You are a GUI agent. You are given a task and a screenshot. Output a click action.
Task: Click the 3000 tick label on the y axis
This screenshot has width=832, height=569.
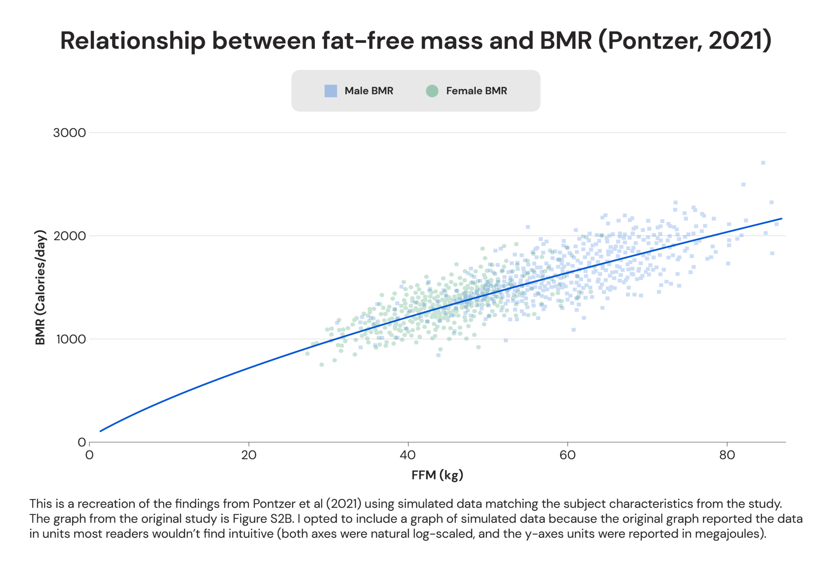69,133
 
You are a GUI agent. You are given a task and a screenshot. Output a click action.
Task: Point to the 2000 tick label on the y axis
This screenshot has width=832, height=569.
69,236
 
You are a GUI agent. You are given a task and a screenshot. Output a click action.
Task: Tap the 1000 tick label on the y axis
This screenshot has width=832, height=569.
71,339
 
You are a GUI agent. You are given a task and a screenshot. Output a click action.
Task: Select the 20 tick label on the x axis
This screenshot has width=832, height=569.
249,455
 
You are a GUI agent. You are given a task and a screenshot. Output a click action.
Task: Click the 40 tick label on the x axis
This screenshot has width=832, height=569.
407,455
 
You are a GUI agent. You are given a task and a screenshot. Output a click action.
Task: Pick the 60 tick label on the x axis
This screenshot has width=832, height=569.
567,455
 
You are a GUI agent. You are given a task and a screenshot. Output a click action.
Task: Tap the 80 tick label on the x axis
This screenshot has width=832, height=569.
727,455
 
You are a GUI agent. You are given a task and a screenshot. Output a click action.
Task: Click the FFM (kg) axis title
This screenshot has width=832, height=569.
437,475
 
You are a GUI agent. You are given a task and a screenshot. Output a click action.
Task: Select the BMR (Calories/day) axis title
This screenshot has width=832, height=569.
40,288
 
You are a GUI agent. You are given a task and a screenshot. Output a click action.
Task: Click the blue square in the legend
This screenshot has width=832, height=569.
331,91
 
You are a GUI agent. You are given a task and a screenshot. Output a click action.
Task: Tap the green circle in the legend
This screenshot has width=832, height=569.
432,91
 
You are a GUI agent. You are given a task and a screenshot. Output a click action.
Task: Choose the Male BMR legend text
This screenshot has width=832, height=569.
368,91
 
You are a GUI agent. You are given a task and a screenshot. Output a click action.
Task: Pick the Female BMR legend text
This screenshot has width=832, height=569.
476,91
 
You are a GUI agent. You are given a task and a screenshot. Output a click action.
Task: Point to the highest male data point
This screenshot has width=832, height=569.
763,163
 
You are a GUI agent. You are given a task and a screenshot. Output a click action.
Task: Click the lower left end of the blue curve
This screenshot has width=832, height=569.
100,431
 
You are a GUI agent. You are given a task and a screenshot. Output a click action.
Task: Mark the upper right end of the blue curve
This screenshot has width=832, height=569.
781,219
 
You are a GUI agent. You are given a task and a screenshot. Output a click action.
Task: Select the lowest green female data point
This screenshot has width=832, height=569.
322,365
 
